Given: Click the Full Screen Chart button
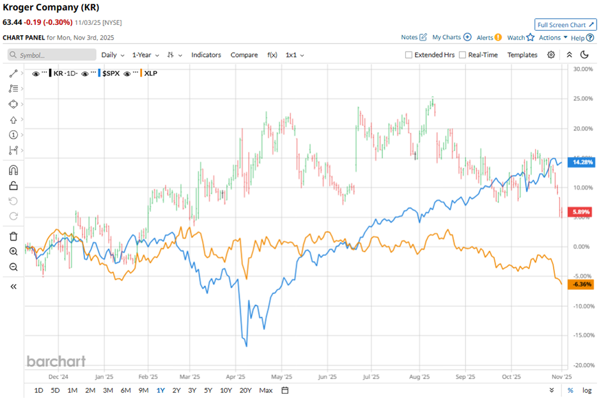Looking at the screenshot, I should pos(565,25).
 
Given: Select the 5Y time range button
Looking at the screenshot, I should pos(208,390).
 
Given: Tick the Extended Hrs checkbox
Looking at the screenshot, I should pos(409,55).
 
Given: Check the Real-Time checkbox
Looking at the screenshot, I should pos(463,55).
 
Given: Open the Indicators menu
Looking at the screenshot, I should pos(206,55).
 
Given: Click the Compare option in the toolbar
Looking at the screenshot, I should pos(244,55).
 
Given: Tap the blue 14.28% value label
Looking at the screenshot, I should pos(579,162).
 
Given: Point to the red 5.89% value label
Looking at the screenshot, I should pos(579,212).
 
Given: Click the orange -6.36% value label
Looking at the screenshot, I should pos(579,284).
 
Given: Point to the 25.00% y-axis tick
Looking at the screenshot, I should pos(581,98).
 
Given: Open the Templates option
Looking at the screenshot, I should pos(522,55).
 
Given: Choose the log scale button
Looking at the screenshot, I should pos(587,390).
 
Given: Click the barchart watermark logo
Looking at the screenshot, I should pos(56,361).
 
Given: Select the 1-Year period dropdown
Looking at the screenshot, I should pos(146,55).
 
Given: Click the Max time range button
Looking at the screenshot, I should pos(266,390).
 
